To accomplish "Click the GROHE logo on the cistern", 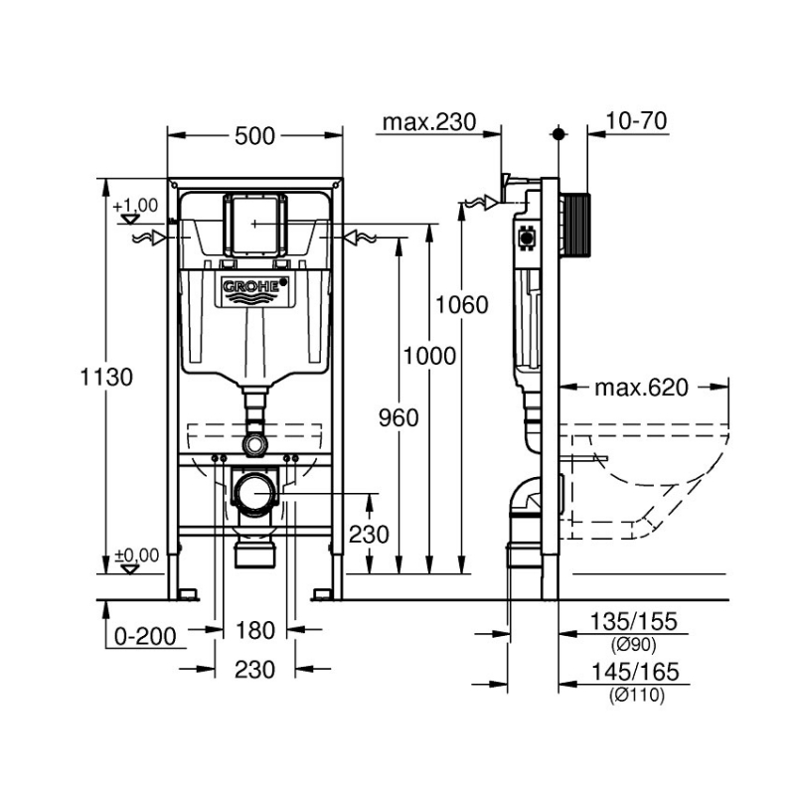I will (x=255, y=288).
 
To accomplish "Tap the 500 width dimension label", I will (x=255, y=137).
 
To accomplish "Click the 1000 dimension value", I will (x=429, y=356).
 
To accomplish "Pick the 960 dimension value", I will (x=397, y=417).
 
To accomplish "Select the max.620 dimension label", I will (x=641, y=388).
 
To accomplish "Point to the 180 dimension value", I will (x=255, y=630).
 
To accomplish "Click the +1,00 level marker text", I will (x=136, y=205).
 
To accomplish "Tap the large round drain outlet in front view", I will (x=256, y=493).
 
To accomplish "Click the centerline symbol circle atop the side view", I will (x=559, y=132).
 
